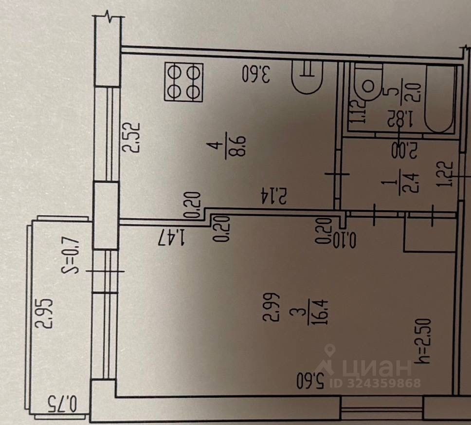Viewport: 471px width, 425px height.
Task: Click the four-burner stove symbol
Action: pyautogui.click(x=183, y=82)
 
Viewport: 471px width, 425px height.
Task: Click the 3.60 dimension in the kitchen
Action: pyautogui.click(x=256, y=74)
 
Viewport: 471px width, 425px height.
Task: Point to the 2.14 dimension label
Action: pyautogui.click(x=275, y=196)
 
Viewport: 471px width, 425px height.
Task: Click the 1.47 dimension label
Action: pyautogui.click(x=172, y=238)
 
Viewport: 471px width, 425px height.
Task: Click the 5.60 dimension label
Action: pyautogui.click(x=310, y=381)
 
